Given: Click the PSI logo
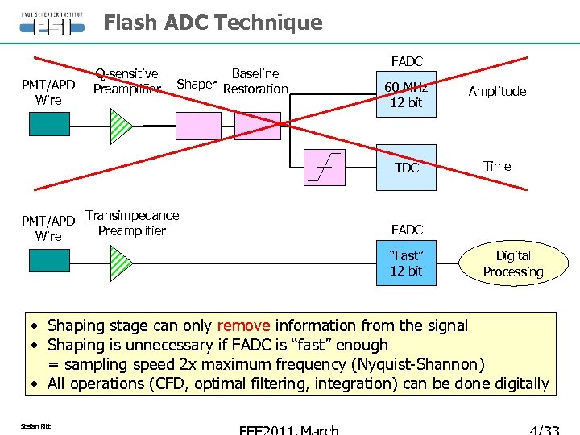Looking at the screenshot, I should (51, 24).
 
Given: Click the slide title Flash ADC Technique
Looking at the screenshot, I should (213, 23).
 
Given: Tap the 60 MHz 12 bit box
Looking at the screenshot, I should (407, 95).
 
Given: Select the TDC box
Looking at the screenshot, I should (407, 167).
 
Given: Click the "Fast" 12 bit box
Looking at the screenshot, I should (407, 263).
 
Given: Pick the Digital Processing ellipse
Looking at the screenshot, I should (513, 263).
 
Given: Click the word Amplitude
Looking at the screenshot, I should (497, 91).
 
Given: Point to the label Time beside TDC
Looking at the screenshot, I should (497, 166).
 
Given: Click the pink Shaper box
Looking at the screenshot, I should (198, 126).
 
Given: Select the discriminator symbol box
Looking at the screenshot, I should (324, 167).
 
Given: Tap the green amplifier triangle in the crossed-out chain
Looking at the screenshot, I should (120, 125).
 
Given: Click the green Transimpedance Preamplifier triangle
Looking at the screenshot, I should (120, 261).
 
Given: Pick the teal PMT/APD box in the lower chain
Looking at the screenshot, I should (49, 261).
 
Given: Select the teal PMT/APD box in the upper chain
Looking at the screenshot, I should (49, 124).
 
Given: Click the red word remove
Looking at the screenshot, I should (244, 325).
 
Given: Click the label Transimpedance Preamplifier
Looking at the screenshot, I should (132, 223).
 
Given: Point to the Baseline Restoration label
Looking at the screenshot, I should (255, 81).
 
